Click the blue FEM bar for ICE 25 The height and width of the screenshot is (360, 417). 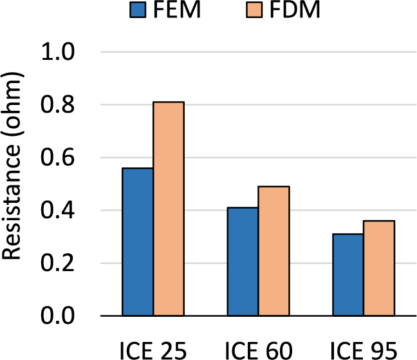tap(138, 242)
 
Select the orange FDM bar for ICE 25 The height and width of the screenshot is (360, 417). tap(169, 209)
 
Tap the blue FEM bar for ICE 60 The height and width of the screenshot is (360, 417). tap(243, 261)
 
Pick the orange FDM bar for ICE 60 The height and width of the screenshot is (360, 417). tap(273, 251)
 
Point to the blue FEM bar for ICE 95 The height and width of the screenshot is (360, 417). tap(348, 275)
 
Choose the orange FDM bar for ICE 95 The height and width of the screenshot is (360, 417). tap(379, 268)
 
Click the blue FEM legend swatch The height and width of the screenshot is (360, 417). tap(138, 10)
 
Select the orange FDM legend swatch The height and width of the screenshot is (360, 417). tap(254, 10)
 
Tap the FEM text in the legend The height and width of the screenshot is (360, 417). tap(177, 10)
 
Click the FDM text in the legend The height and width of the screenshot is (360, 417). tap(295, 10)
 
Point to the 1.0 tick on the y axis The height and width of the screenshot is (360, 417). tap(57, 52)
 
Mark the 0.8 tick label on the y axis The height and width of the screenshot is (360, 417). tap(57, 104)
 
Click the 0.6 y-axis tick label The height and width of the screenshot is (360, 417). tap(57, 158)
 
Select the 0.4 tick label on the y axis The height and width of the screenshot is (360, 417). tap(57, 210)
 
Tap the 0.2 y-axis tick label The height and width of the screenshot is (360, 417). tap(57, 263)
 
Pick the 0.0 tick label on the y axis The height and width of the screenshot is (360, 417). tap(57, 316)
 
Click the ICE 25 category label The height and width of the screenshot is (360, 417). tap(153, 350)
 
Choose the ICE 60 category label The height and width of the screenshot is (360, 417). tap(259, 350)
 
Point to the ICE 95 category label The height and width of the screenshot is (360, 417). tap(364, 350)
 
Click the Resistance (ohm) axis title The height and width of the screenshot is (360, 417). tap(12, 166)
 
